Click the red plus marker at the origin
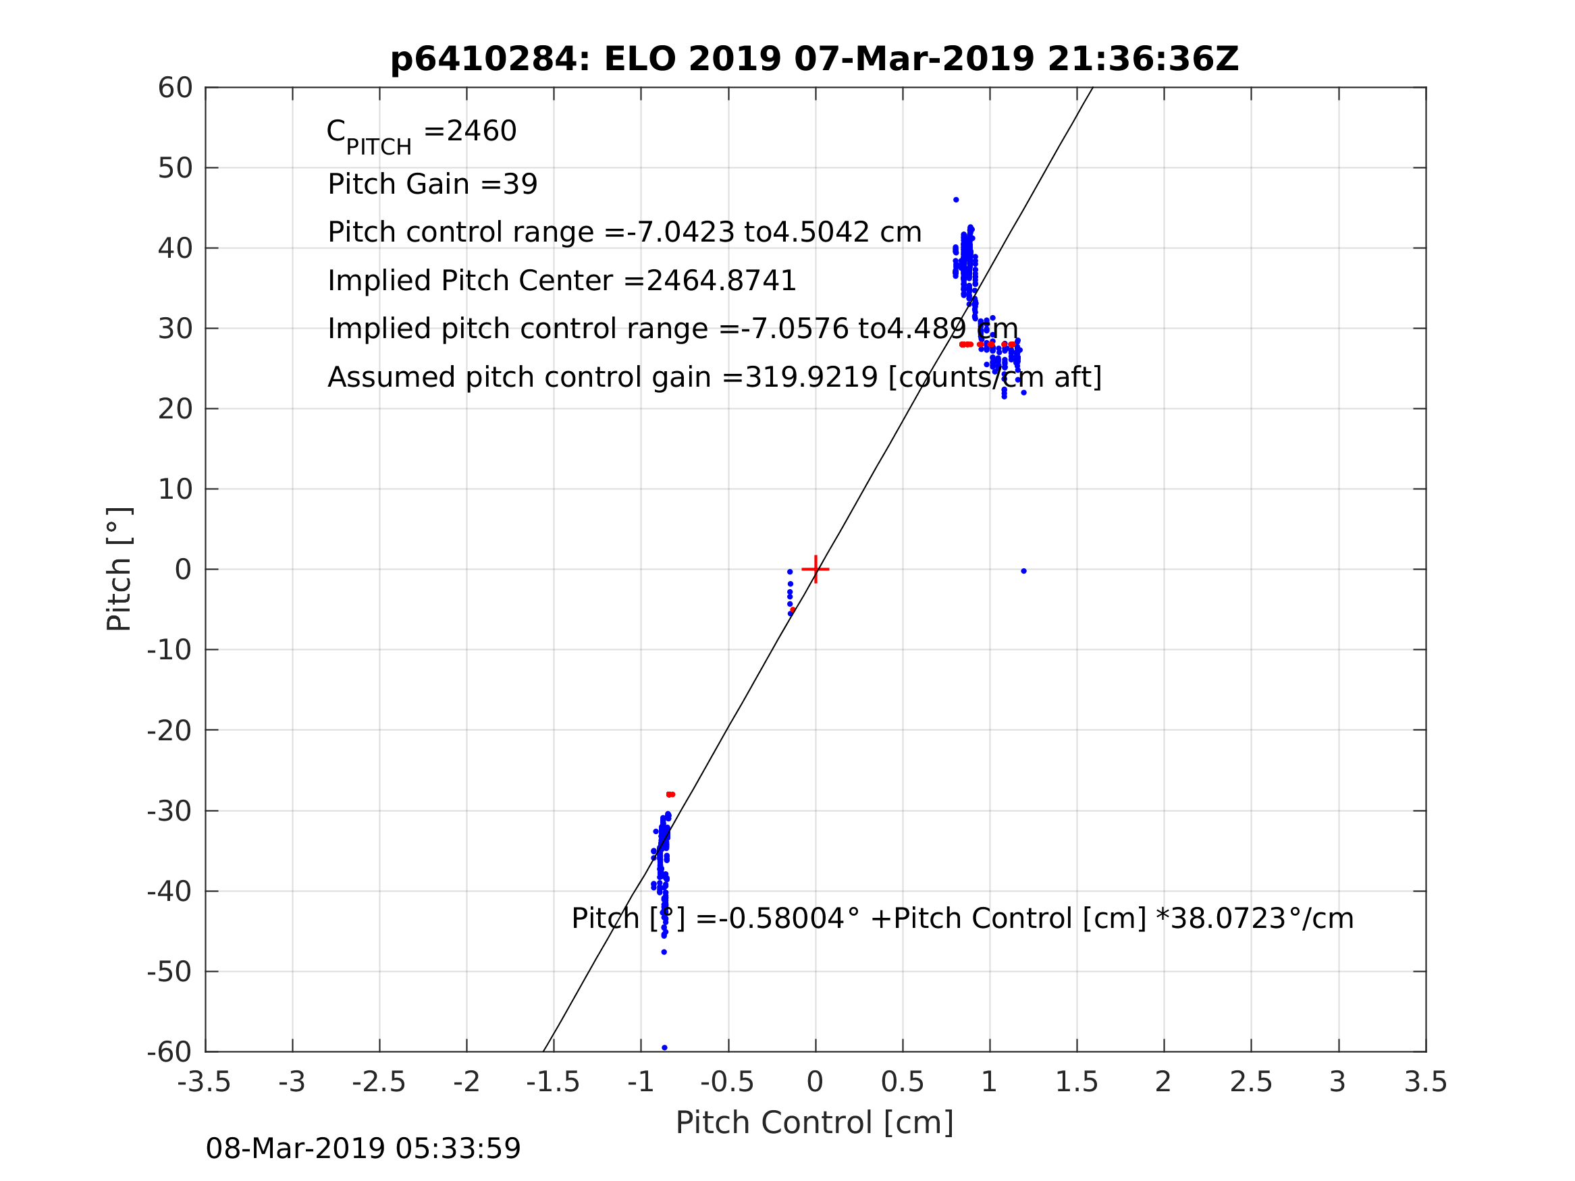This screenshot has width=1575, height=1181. pos(816,570)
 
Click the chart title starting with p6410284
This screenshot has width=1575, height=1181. pos(815,59)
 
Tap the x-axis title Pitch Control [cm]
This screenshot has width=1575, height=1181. pos(815,1123)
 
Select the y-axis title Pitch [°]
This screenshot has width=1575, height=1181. pos(119,570)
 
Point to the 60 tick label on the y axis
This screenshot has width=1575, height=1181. pos(175,88)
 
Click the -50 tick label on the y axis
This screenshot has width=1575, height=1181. pos(169,972)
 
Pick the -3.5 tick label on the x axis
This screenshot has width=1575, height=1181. pos(205,1082)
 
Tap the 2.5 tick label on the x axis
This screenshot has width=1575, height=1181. pos(1251,1082)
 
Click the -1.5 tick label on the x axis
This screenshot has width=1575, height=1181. pos(554,1082)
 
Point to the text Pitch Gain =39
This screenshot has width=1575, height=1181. pos(432,184)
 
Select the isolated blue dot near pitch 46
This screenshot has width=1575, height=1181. pos(956,200)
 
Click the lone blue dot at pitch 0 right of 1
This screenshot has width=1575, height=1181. pos(1024,571)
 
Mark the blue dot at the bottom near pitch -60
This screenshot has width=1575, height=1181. pos(664,1048)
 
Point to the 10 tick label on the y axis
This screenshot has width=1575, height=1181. pos(175,490)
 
